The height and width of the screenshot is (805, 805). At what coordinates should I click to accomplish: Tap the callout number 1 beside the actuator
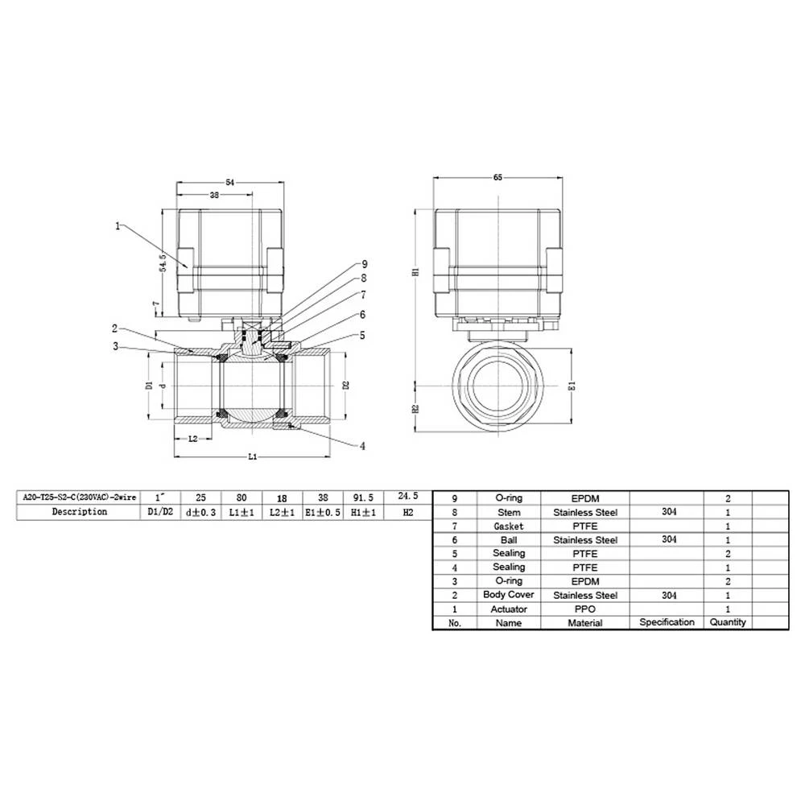(x=118, y=227)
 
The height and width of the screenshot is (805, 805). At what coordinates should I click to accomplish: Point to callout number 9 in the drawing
(x=365, y=264)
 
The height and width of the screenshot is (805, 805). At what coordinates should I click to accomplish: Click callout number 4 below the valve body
(x=363, y=445)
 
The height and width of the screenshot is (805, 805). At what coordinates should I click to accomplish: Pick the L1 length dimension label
(x=252, y=456)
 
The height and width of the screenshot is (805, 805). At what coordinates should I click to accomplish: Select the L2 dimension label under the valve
(x=193, y=439)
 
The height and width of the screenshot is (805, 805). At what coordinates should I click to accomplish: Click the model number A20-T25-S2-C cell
(x=80, y=497)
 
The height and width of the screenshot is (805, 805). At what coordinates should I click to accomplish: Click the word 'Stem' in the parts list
(x=509, y=512)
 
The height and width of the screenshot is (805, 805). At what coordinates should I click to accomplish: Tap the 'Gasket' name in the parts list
(x=509, y=526)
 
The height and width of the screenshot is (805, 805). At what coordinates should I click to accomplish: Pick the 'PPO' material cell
(x=585, y=609)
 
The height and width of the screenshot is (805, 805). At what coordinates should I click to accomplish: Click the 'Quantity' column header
(x=728, y=622)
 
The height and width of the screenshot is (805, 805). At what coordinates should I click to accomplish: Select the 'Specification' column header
(x=667, y=622)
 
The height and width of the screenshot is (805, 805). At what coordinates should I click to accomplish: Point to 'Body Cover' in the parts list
(x=509, y=595)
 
